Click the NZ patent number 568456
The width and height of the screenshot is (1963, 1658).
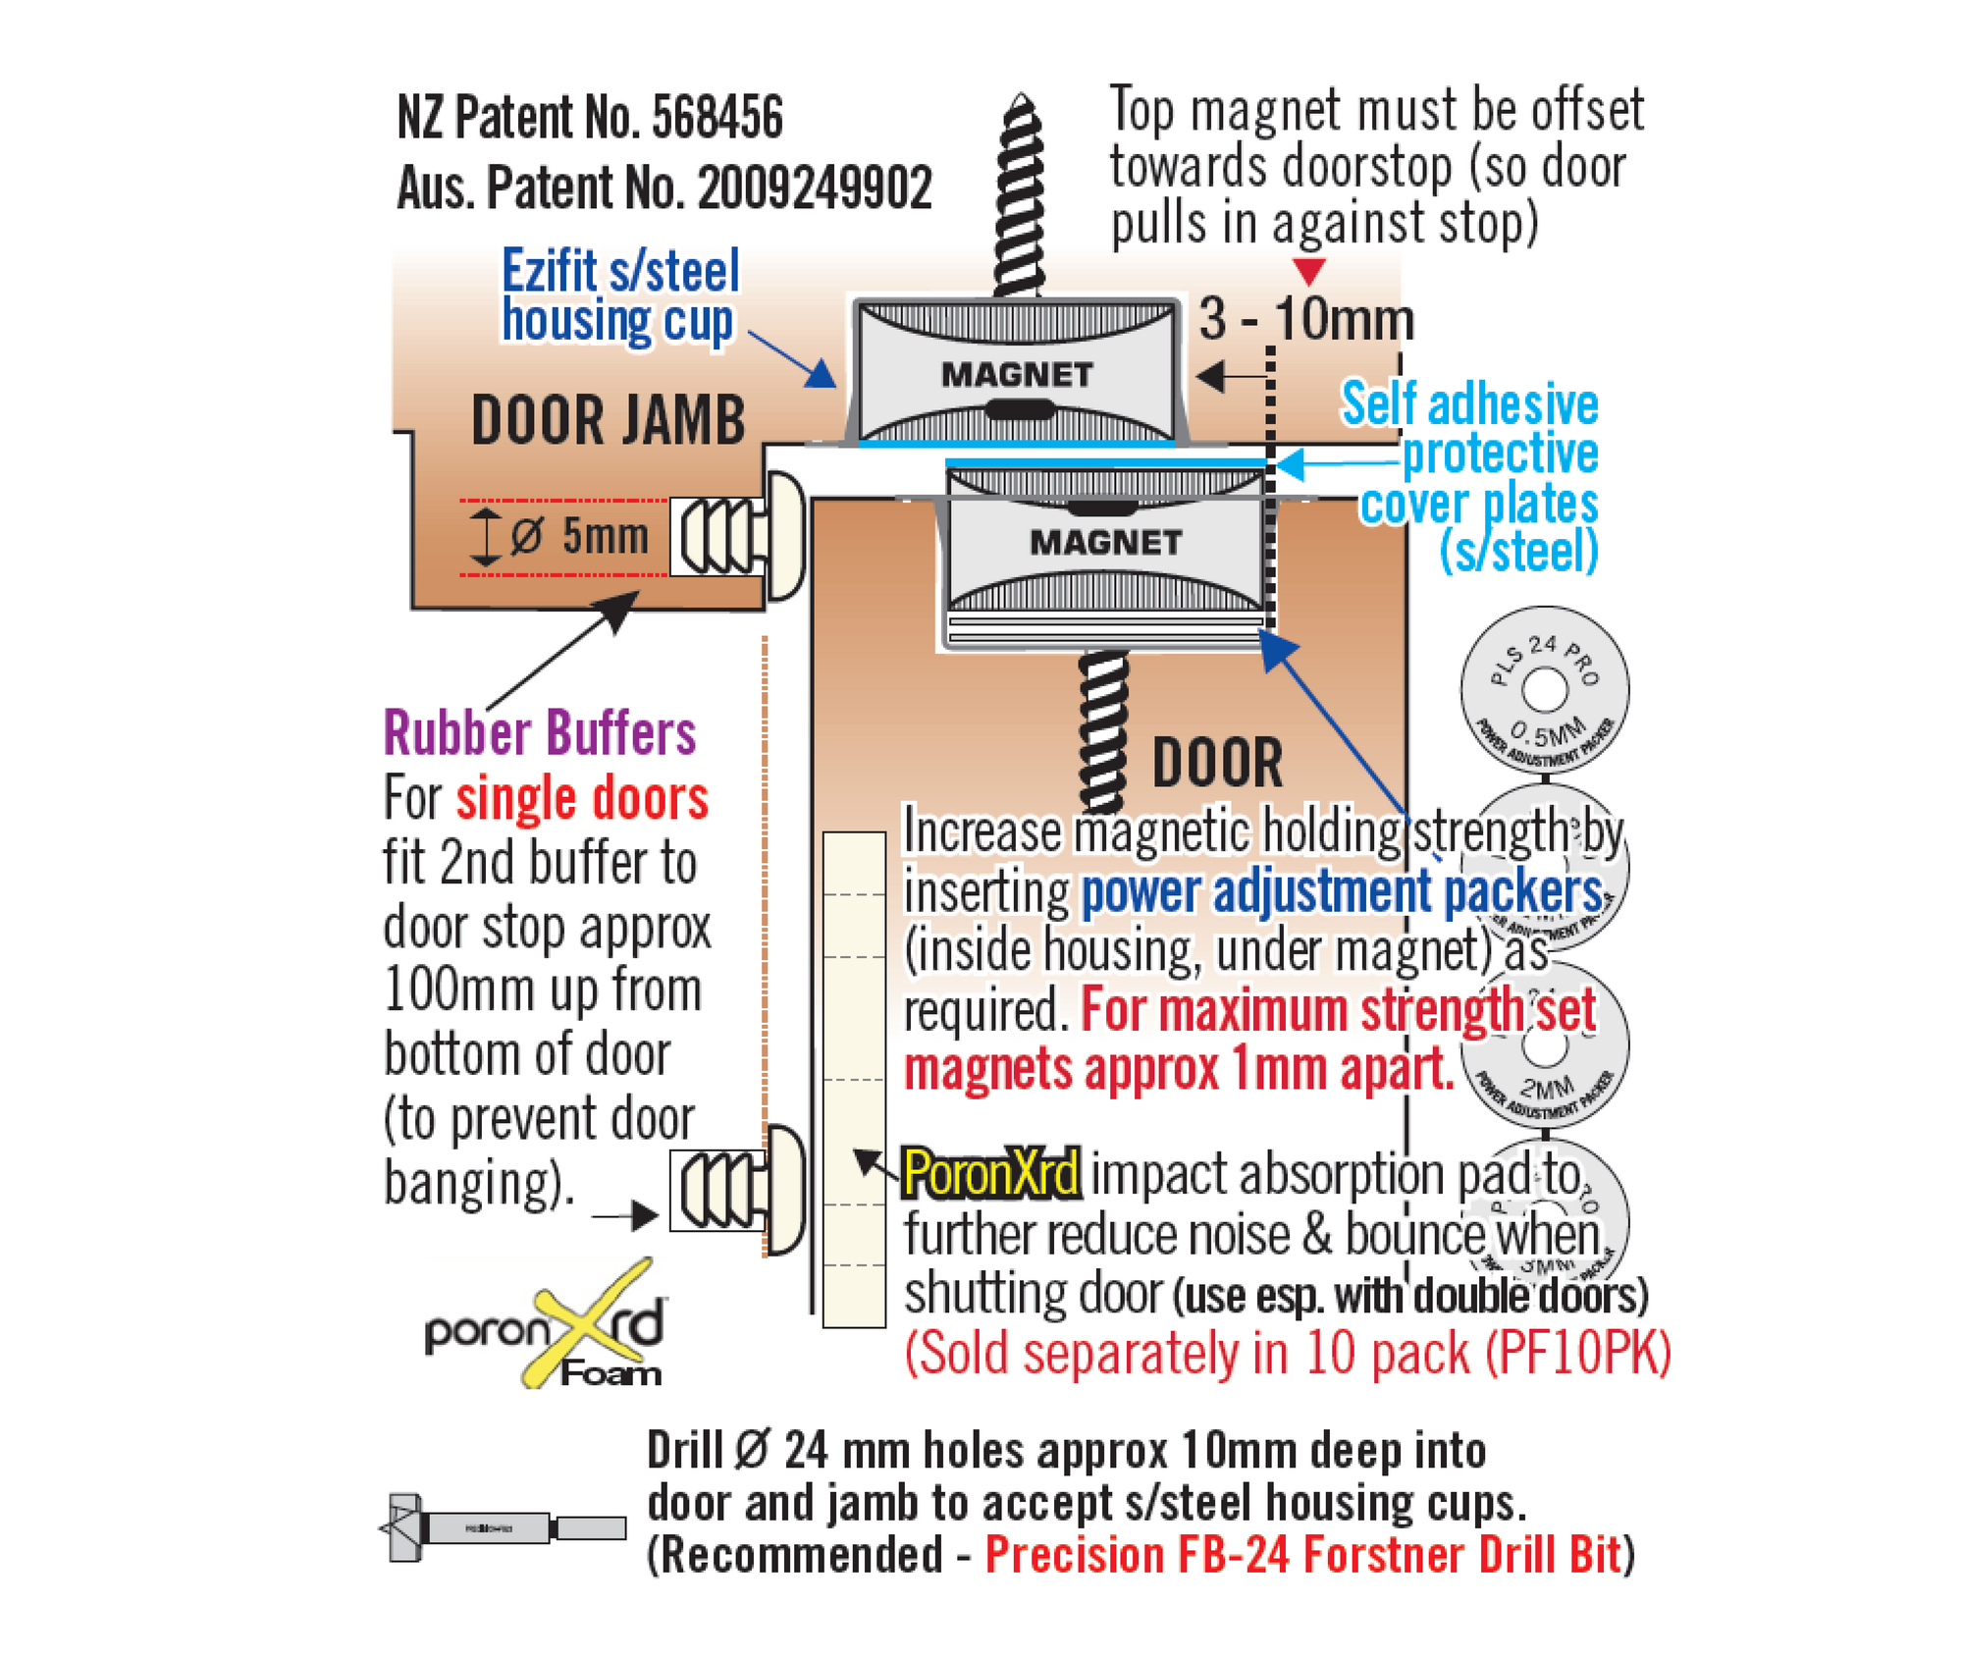[x=717, y=119]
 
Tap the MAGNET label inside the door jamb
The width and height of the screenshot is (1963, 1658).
[x=1017, y=374]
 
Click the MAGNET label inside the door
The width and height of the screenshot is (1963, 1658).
[x=1105, y=542]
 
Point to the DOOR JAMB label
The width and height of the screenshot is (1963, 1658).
[x=608, y=420]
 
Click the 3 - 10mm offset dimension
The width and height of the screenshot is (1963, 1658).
[x=1305, y=320]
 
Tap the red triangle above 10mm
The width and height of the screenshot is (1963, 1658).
[x=1309, y=270]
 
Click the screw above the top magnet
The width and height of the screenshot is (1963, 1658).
[x=1020, y=196]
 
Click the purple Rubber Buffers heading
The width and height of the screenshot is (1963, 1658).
[x=539, y=732]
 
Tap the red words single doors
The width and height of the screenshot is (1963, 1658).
[x=581, y=798]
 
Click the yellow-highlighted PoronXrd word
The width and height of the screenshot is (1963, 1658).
[x=990, y=1173]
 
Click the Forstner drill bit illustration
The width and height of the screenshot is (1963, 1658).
[x=502, y=1527]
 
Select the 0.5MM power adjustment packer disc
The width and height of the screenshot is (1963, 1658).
[x=1544, y=691]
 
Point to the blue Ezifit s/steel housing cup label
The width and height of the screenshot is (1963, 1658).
[x=619, y=295]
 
